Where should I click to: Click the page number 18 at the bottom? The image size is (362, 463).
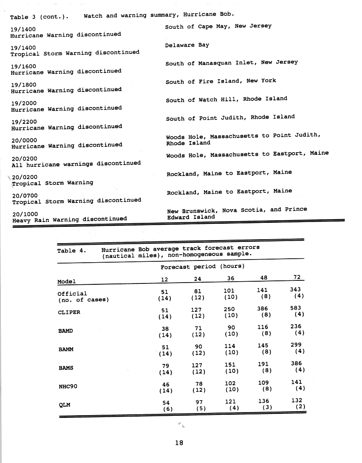(x=179, y=442)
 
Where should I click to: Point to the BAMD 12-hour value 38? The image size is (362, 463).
(x=166, y=329)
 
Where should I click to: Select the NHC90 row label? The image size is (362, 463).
(x=68, y=386)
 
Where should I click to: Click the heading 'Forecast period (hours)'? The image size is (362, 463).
(x=203, y=267)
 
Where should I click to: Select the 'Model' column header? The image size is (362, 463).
(x=66, y=281)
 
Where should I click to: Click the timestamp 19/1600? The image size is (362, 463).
(x=23, y=66)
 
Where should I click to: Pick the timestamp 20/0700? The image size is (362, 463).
(x=25, y=195)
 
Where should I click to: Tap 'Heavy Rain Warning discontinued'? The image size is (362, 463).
(x=69, y=219)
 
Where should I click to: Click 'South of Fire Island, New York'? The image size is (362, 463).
(x=220, y=81)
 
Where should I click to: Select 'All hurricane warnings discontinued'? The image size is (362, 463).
(x=76, y=164)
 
